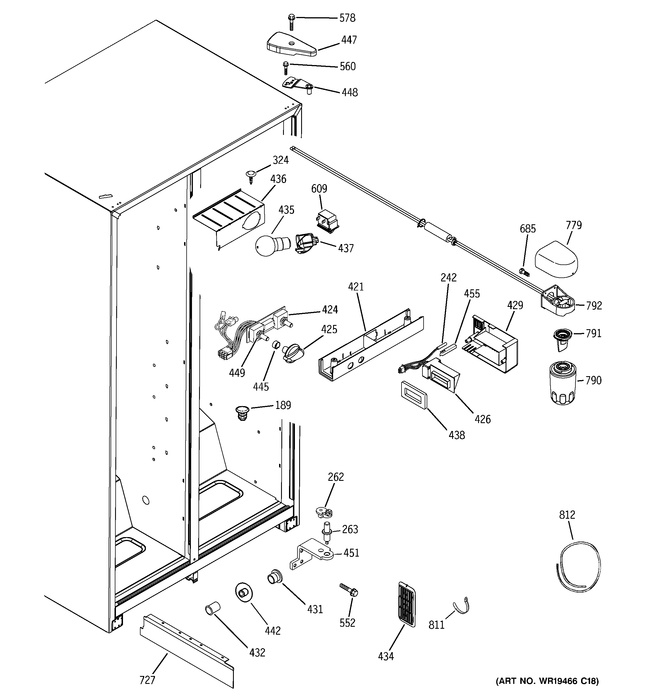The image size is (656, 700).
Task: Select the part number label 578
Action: point(347,18)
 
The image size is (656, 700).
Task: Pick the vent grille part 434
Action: point(407,604)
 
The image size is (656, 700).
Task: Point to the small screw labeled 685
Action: point(524,272)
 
